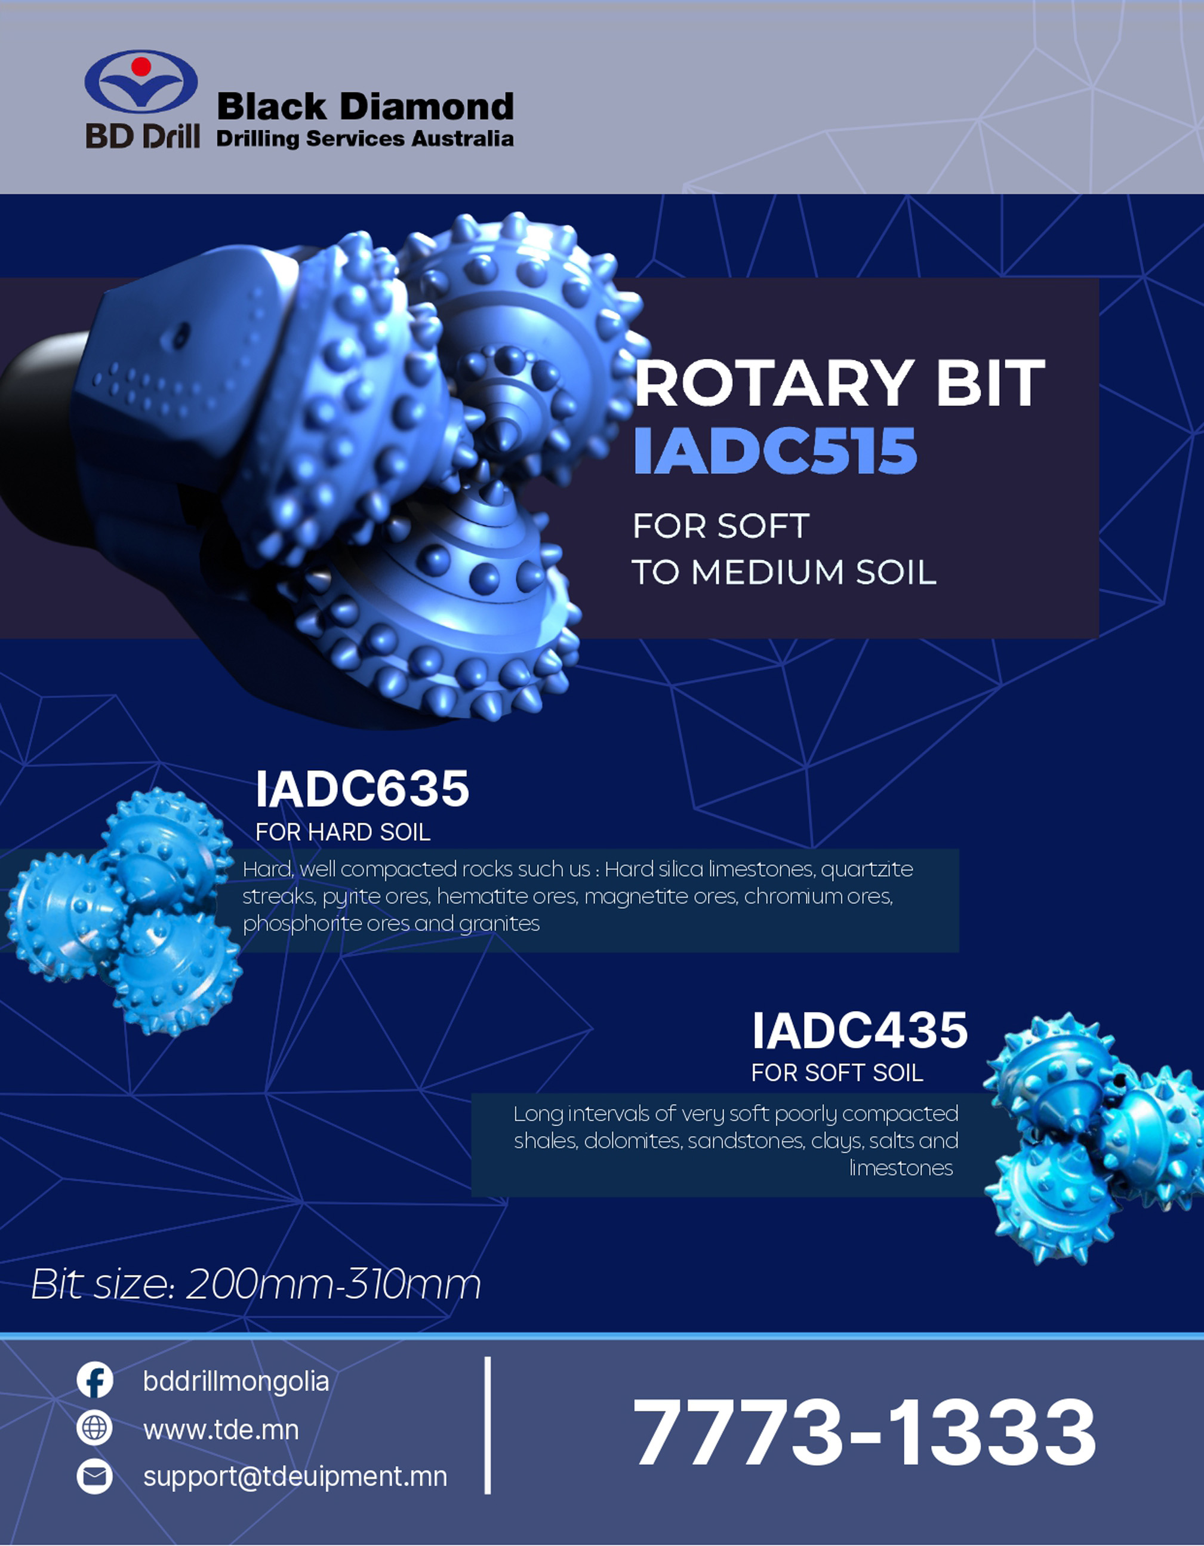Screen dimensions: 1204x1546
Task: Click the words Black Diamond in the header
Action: click(x=365, y=107)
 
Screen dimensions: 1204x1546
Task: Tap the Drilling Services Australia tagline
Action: click(x=365, y=138)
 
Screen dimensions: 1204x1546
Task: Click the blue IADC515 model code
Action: click(x=775, y=450)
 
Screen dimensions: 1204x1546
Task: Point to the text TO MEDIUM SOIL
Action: click(x=784, y=572)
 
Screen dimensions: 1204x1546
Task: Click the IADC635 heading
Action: click(x=362, y=789)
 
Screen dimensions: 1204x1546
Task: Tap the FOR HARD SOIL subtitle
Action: click(x=343, y=832)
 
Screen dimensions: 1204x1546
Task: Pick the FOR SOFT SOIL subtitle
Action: click(x=837, y=1072)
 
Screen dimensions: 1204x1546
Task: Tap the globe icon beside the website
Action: click(x=94, y=1428)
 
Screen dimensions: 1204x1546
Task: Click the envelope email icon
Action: click(x=94, y=1476)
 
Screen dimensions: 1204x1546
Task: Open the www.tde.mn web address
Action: click(x=221, y=1429)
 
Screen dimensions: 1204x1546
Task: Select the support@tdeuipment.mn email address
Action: click(x=295, y=1477)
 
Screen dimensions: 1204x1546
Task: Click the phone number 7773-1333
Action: click(x=864, y=1431)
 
